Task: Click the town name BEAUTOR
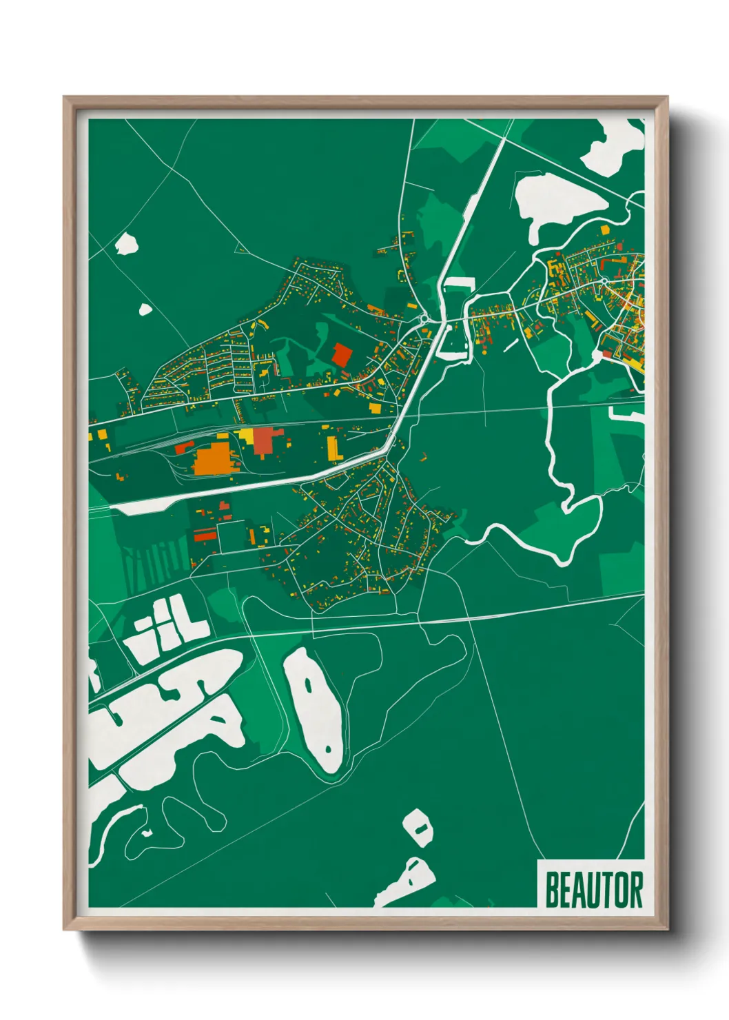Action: [594, 890]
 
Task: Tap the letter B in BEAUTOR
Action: [552, 890]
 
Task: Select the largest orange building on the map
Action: [212, 458]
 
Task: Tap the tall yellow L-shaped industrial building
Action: [333, 447]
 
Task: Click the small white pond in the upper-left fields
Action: [127, 243]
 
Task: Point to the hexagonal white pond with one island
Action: [418, 827]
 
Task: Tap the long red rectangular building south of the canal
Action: [205, 534]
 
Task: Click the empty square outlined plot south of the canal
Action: [232, 535]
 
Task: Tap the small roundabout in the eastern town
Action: [603, 281]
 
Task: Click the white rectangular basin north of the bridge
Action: [459, 282]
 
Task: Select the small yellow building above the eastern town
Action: [605, 229]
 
